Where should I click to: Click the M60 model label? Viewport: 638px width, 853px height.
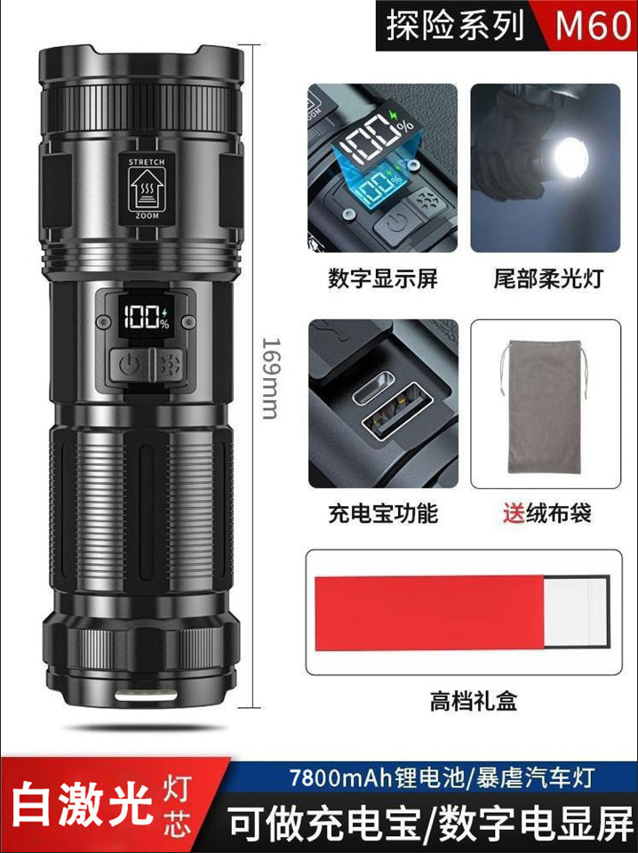pyautogui.click(x=594, y=27)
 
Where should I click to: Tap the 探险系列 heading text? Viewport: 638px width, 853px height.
pyautogui.click(x=455, y=27)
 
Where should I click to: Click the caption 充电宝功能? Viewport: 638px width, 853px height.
pyautogui.click(x=383, y=513)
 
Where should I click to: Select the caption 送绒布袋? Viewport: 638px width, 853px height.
pyautogui.click(x=546, y=513)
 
